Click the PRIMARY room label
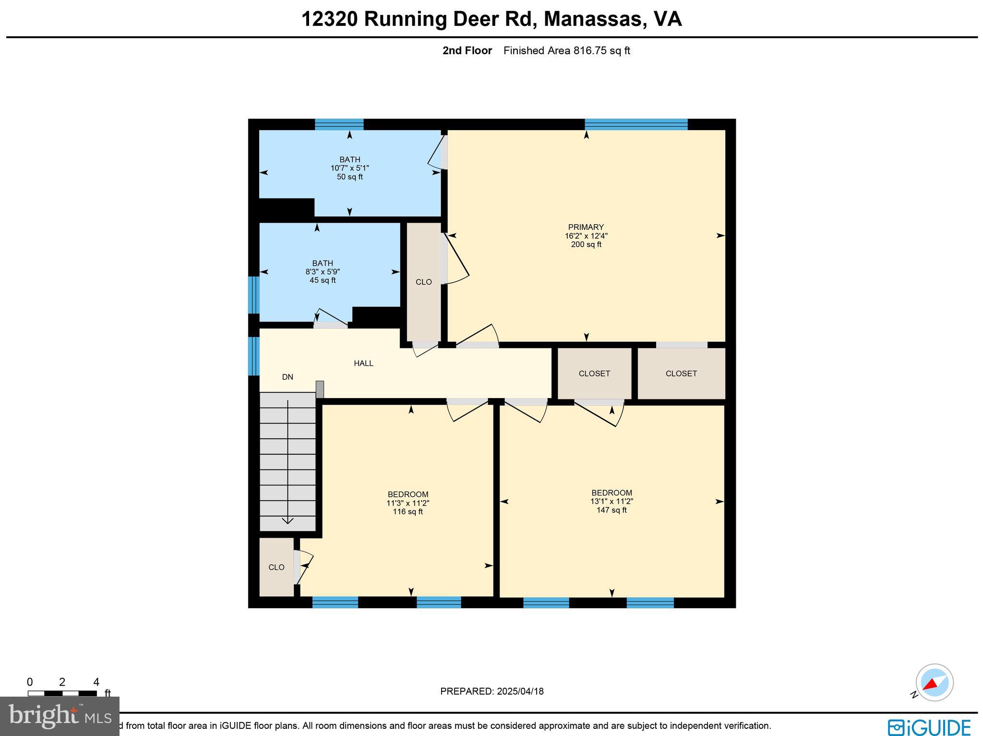click(586, 227)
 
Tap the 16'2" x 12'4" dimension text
click(586, 236)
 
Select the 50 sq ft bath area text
click(349, 177)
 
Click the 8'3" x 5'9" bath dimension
click(323, 272)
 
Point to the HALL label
click(363, 363)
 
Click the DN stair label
click(288, 377)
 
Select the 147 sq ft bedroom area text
click(611, 510)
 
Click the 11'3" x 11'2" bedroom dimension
click(408, 503)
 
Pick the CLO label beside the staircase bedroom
click(276, 567)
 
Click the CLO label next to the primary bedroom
click(423, 282)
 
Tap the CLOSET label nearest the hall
click(594, 374)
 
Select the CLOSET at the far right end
click(681, 374)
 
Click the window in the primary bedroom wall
click(636, 124)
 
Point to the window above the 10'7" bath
click(339, 124)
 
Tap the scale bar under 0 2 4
click(62, 693)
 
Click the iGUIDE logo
click(929, 727)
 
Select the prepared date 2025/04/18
click(520, 691)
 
